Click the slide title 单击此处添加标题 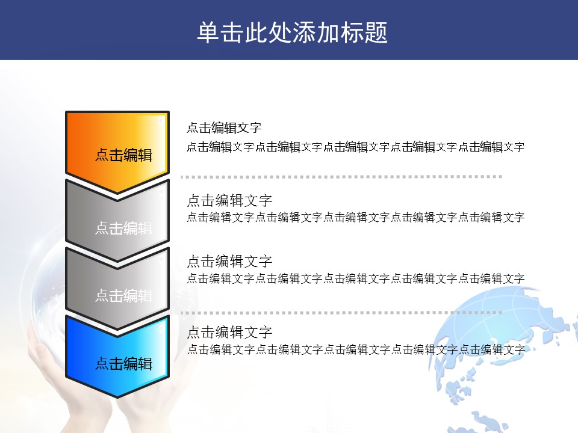(293, 32)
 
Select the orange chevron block (117, 152)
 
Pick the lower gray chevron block (117, 288)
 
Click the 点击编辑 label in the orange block (124, 155)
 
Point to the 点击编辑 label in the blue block (124, 363)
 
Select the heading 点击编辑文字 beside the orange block (224, 127)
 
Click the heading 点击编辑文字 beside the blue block (229, 332)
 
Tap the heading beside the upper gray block (229, 201)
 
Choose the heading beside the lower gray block (229, 262)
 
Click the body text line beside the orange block (356, 147)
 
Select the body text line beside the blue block (356, 349)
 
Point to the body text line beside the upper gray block (356, 217)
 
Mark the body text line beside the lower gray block (356, 278)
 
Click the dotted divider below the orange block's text (341, 177)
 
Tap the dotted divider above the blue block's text (341, 313)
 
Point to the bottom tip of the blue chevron (117, 398)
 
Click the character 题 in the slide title (376, 32)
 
